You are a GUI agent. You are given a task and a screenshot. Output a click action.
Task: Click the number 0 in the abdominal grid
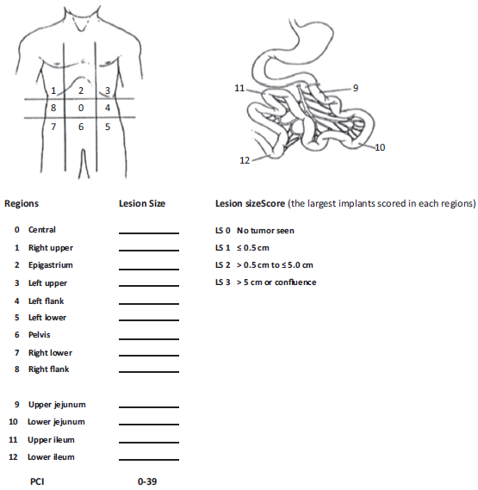click(80, 109)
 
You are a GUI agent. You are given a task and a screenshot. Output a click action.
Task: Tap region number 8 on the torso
click(53, 109)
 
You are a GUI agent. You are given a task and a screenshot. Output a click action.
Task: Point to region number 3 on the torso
click(107, 90)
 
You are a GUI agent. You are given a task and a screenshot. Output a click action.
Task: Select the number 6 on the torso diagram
click(80, 127)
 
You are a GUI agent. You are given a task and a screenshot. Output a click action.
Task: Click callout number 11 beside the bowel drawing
click(239, 88)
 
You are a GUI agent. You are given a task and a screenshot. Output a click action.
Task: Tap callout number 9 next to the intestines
click(355, 88)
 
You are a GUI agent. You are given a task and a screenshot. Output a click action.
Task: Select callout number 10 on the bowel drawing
click(380, 147)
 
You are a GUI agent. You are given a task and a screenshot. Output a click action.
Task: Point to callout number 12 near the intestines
click(245, 160)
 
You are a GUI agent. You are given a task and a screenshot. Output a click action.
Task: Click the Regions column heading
click(22, 204)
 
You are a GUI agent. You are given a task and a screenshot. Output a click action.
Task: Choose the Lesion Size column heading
click(142, 204)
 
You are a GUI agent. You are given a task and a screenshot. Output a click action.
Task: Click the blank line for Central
click(149, 233)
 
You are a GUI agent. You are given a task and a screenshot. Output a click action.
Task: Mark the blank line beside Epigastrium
click(149, 268)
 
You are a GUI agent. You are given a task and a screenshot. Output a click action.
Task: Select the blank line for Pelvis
click(149, 338)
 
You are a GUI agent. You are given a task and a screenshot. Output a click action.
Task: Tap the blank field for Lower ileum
click(149, 459)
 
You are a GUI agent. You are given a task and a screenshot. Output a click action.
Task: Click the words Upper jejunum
click(57, 405)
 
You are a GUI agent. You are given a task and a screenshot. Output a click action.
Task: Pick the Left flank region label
click(47, 301)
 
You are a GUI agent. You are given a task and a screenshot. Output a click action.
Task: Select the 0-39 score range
click(146, 481)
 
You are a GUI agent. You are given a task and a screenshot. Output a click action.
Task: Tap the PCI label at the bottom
click(37, 481)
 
